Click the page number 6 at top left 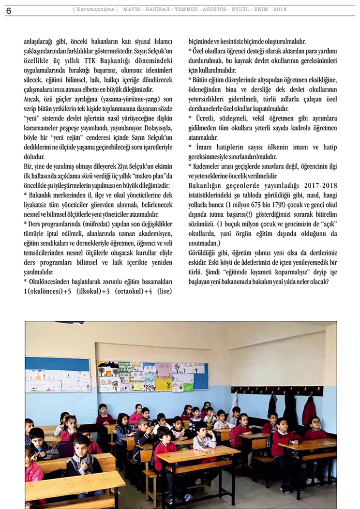[8, 10]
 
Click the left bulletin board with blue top [58, 374]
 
